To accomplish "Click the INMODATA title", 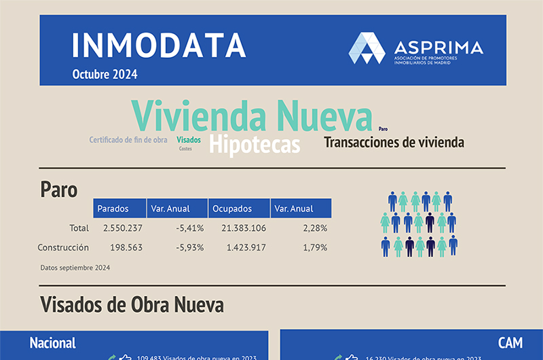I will click(x=159, y=46).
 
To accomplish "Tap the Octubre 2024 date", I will click(x=105, y=75).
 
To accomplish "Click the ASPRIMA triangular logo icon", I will click(x=367, y=48).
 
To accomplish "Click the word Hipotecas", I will click(x=255, y=145).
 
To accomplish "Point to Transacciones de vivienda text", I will click(x=394, y=143).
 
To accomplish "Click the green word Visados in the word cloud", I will click(x=189, y=140).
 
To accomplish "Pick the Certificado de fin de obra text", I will click(x=128, y=140).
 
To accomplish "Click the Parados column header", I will click(x=112, y=209).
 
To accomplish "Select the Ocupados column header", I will click(x=231, y=209).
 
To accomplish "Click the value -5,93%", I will click(x=189, y=247).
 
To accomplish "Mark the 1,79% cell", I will click(x=315, y=247).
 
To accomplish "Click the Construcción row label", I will click(x=63, y=247).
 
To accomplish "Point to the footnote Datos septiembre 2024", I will click(x=75, y=268).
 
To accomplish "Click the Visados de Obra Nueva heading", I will click(x=132, y=304).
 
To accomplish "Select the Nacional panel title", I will click(x=52, y=342).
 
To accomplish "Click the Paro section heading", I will click(x=59, y=189).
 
